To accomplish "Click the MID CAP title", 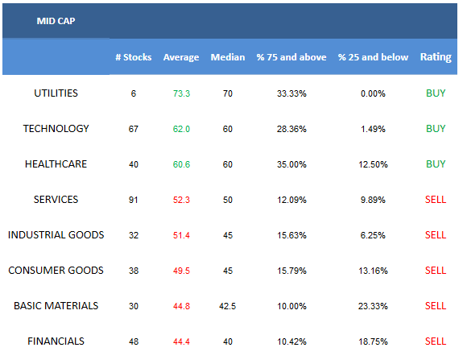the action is pyautogui.click(x=56, y=21).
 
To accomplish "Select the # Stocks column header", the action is pyautogui.click(x=134, y=57).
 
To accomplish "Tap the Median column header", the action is pyautogui.click(x=228, y=57).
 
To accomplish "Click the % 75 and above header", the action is pyautogui.click(x=291, y=57).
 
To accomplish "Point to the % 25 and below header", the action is pyautogui.click(x=373, y=57).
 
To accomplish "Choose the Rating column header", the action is pyautogui.click(x=436, y=57).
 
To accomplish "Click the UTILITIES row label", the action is pyautogui.click(x=56, y=93).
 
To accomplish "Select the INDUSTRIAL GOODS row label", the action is pyautogui.click(x=56, y=235).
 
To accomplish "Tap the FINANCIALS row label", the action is pyautogui.click(x=56, y=341).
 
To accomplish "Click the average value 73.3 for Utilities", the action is pyautogui.click(x=181, y=93).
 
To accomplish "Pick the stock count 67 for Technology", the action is pyautogui.click(x=134, y=129).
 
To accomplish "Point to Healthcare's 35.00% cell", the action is pyautogui.click(x=291, y=164).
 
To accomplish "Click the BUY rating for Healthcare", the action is pyautogui.click(x=436, y=164).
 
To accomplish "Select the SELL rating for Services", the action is pyautogui.click(x=436, y=200).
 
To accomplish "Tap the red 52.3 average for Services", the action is pyautogui.click(x=181, y=200).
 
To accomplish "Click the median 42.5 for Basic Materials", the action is pyautogui.click(x=228, y=306).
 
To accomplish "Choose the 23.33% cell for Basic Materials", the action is pyautogui.click(x=373, y=306).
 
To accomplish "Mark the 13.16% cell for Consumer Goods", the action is pyautogui.click(x=373, y=271).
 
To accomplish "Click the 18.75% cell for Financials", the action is pyautogui.click(x=373, y=341).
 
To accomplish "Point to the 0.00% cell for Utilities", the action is pyautogui.click(x=373, y=93).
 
